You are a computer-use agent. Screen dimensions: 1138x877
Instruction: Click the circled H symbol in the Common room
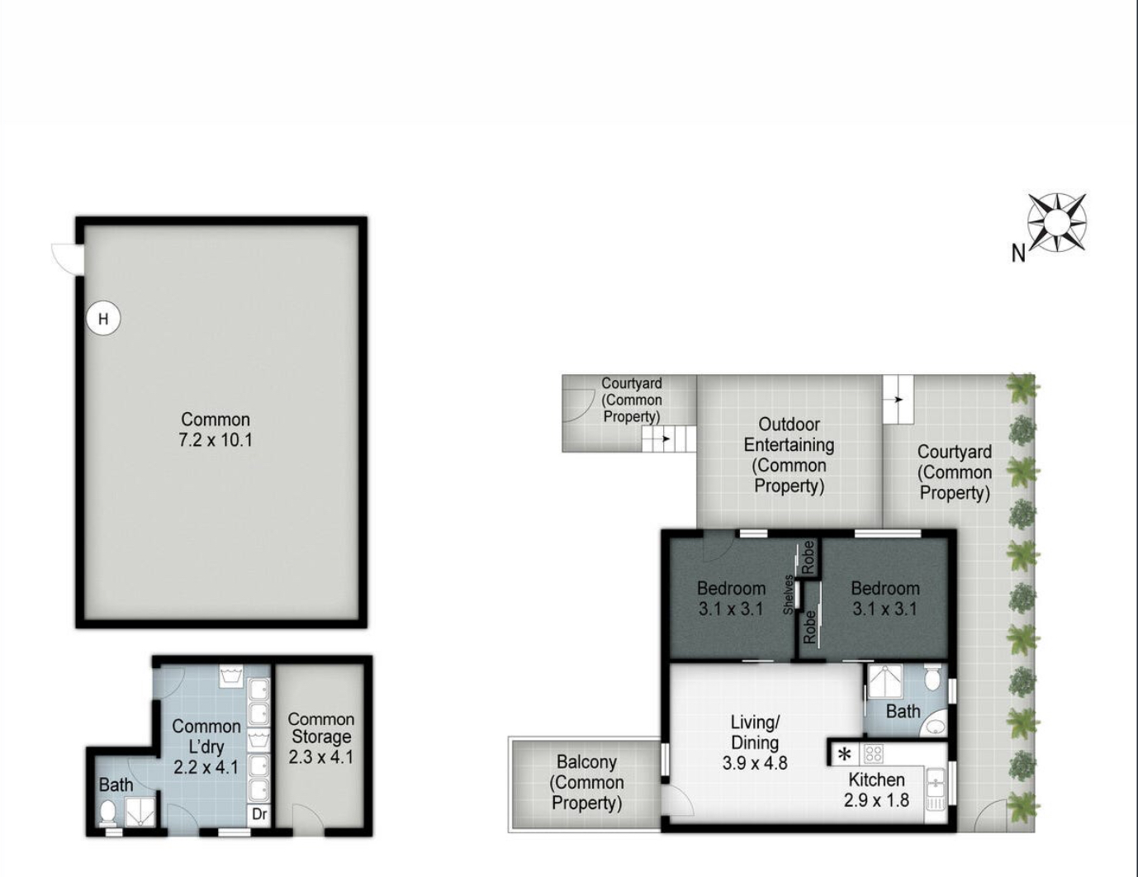103,318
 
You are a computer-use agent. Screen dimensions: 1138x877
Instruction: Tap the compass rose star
1057,222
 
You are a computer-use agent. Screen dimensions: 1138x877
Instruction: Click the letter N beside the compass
1018,254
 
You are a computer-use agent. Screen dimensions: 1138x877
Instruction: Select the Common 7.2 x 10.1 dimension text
216,440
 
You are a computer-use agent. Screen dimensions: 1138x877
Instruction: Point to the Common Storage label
321,728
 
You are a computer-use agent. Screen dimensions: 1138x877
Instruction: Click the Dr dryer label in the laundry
260,813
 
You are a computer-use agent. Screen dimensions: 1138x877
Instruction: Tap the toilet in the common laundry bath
108,811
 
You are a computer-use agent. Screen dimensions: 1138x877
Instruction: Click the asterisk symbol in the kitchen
844,755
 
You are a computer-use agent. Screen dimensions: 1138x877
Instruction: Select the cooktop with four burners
874,754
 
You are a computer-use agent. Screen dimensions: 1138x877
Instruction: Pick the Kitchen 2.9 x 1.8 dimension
877,800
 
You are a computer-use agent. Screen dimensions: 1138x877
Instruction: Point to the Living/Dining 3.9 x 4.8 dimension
755,763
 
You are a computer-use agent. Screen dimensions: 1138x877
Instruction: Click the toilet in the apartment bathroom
932,677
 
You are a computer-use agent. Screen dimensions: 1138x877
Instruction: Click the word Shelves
789,595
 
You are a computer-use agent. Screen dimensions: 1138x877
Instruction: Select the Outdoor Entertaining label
789,434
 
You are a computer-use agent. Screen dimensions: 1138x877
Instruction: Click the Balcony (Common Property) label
586,782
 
